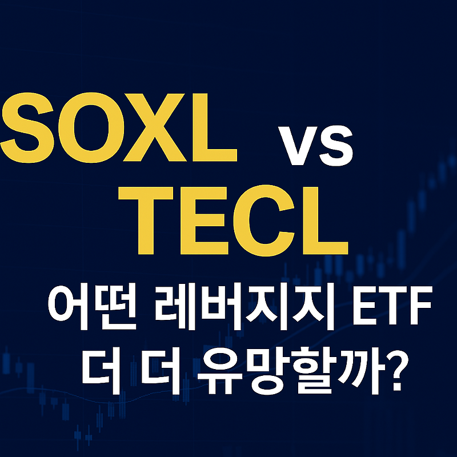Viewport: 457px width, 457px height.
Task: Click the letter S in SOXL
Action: [x=27, y=128]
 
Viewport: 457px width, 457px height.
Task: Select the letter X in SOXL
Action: [x=155, y=127]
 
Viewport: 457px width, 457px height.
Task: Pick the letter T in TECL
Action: [x=146, y=221]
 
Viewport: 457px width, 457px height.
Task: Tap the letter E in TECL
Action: [x=204, y=221]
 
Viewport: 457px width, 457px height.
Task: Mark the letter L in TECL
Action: [x=326, y=221]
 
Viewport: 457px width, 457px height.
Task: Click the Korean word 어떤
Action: [x=92, y=306]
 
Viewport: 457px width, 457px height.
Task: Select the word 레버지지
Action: [x=243, y=306]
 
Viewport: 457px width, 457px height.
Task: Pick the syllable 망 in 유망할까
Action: [x=270, y=371]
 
